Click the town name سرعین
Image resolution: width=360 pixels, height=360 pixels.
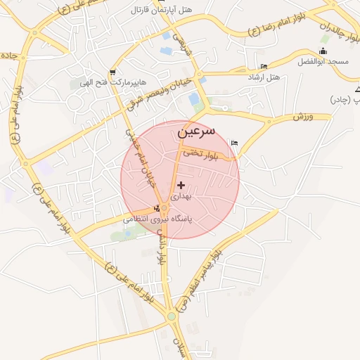(196, 131)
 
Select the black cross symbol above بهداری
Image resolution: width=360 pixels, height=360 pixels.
(181, 185)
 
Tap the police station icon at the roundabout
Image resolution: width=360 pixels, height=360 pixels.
(156, 207)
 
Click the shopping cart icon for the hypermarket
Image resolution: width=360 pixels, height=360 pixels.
(112, 72)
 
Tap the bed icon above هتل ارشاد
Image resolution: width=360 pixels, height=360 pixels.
(264, 66)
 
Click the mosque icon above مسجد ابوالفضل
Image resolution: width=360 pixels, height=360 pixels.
(322, 50)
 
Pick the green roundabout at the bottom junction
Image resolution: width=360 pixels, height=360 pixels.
(172, 316)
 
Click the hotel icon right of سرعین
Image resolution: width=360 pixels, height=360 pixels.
(235, 143)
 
